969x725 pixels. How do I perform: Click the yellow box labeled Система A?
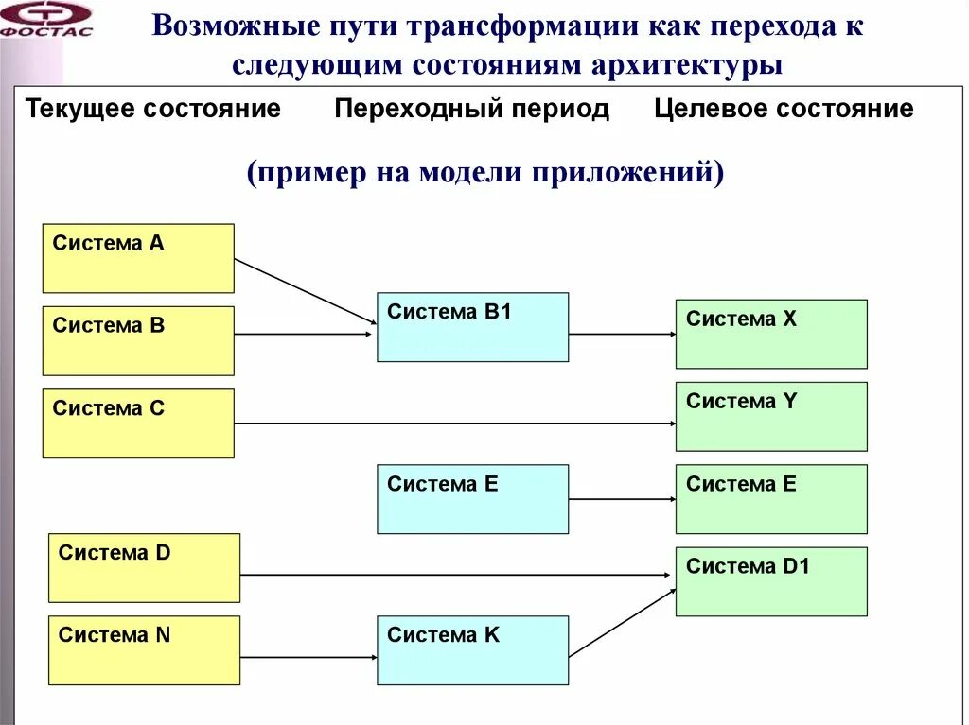pos(138,258)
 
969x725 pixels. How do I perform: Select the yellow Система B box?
pos(138,340)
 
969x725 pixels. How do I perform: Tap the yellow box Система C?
pos(138,423)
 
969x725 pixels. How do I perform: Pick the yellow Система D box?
pos(144,567)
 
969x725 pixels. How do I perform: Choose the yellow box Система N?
pos(144,650)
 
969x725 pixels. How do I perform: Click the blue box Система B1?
pos(472,327)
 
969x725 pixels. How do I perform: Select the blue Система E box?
pos(472,499)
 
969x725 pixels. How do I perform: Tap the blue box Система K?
pos(472,650)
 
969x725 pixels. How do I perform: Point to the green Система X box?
pos(771,334)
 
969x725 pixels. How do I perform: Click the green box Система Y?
pos(771,416)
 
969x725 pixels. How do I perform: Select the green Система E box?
pos(771,499)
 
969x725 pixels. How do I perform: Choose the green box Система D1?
pos(771,581)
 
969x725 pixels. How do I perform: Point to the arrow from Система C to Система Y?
pos(454,423)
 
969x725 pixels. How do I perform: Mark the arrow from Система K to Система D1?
pos(622,623)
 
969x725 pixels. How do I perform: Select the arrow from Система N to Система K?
pos(308,657)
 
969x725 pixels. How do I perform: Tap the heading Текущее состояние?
pos(153,109)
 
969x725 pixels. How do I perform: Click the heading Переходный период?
pos(471,109)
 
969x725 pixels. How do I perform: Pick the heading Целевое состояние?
pos(784,109)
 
